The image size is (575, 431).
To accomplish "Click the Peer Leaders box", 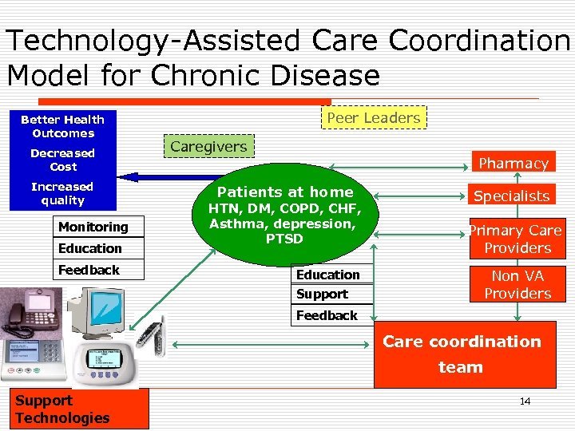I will coord(373,117).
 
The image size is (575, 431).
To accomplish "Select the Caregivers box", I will coord(208,146).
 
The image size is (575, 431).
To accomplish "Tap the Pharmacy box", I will coord(513,163).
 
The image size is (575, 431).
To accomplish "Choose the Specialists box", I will coord(512,196).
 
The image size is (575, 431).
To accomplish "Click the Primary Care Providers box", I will coord(517,239).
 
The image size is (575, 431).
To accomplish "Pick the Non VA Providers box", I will coord(517,285).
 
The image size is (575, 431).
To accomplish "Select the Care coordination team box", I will coord(464,354).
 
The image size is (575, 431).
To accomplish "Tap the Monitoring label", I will coord(93,227).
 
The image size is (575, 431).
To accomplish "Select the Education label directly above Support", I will coord(328,275).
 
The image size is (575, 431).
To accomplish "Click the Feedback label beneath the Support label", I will coord(327,315).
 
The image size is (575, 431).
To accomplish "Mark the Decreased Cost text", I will coord(63,160).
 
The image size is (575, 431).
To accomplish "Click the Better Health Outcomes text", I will coord(62,126).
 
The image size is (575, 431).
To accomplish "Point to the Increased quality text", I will coord(62,193).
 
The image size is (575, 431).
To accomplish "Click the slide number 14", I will coord(525,401).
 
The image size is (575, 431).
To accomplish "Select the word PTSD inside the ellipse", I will coord(284,239).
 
